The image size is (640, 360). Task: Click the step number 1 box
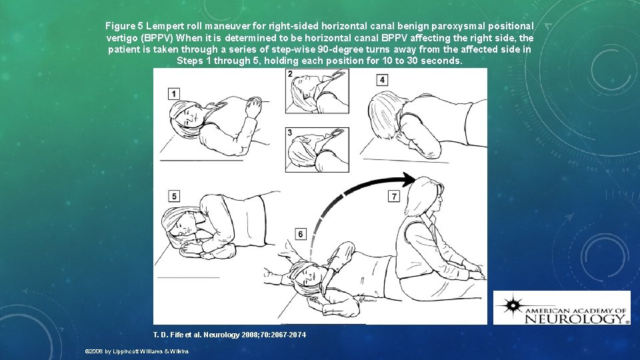coord(173,93)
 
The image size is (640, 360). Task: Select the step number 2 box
coord(290,73)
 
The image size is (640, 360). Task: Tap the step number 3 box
coord(290,133)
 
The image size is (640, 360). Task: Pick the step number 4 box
coord(382,80)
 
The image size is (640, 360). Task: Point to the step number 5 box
coord(174,196)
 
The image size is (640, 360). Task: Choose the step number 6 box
coord(301,234)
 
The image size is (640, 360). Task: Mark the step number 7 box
coord(395,196)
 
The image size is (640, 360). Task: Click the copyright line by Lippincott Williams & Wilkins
coord(137,351)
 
